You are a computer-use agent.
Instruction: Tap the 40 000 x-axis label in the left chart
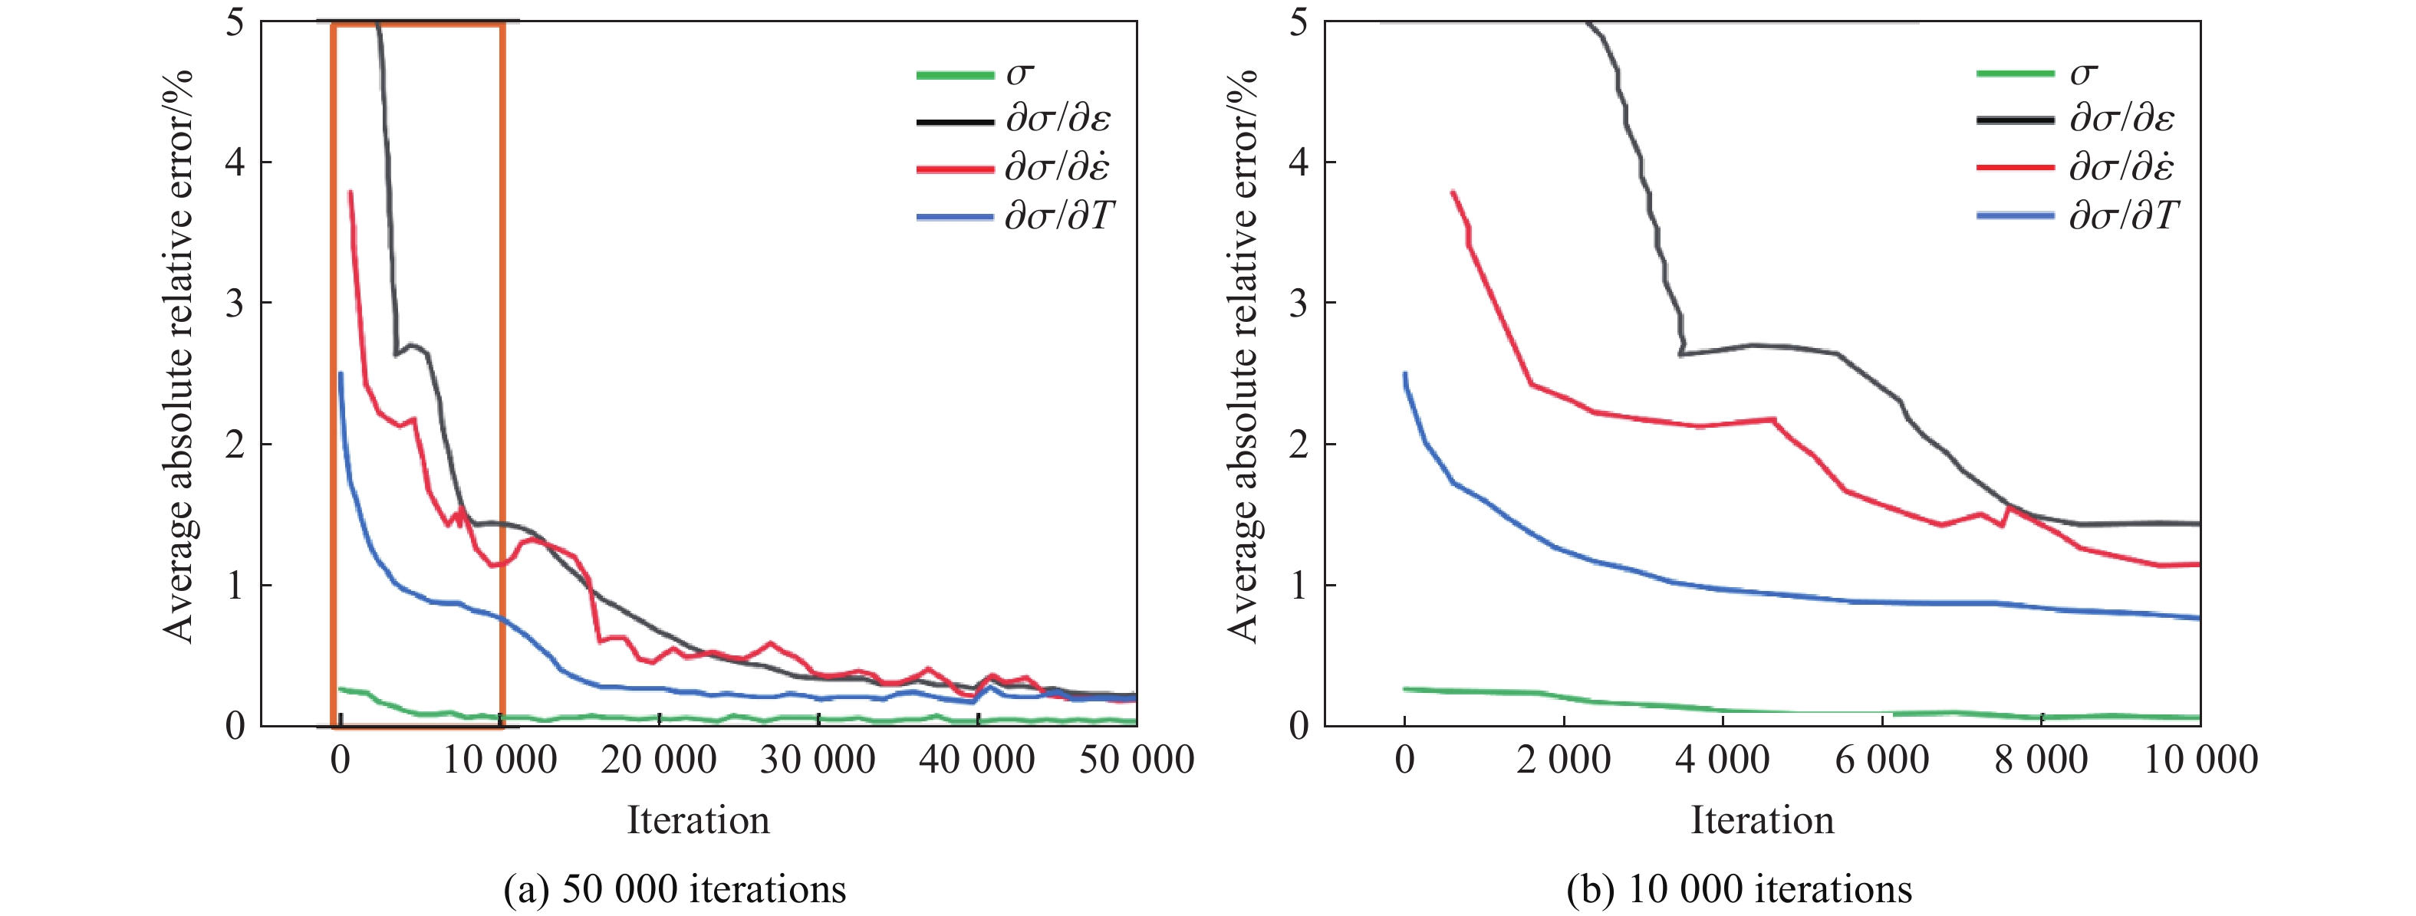click(976, 760)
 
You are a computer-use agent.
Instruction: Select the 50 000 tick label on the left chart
click(1136, 760)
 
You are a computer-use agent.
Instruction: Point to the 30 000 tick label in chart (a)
click(817, 760)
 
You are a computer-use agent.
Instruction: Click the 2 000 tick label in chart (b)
click(1563, 760)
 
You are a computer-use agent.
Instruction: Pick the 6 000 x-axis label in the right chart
click(1881, 760)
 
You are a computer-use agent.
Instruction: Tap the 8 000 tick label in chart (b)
click(2041, 760)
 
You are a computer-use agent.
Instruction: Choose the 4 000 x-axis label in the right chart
click(1722, 760)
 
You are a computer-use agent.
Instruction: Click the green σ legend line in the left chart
click(954, 75)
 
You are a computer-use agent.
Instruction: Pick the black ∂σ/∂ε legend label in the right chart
click(2121, 119)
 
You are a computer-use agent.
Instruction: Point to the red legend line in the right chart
click(2016, 168)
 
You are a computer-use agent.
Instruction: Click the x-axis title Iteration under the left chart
click(698, 820)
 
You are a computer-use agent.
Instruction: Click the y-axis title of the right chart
click(1242, 356)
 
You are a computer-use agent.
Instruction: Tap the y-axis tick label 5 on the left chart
click(235, 21)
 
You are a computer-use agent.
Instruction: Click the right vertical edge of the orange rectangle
click(502, 375)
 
